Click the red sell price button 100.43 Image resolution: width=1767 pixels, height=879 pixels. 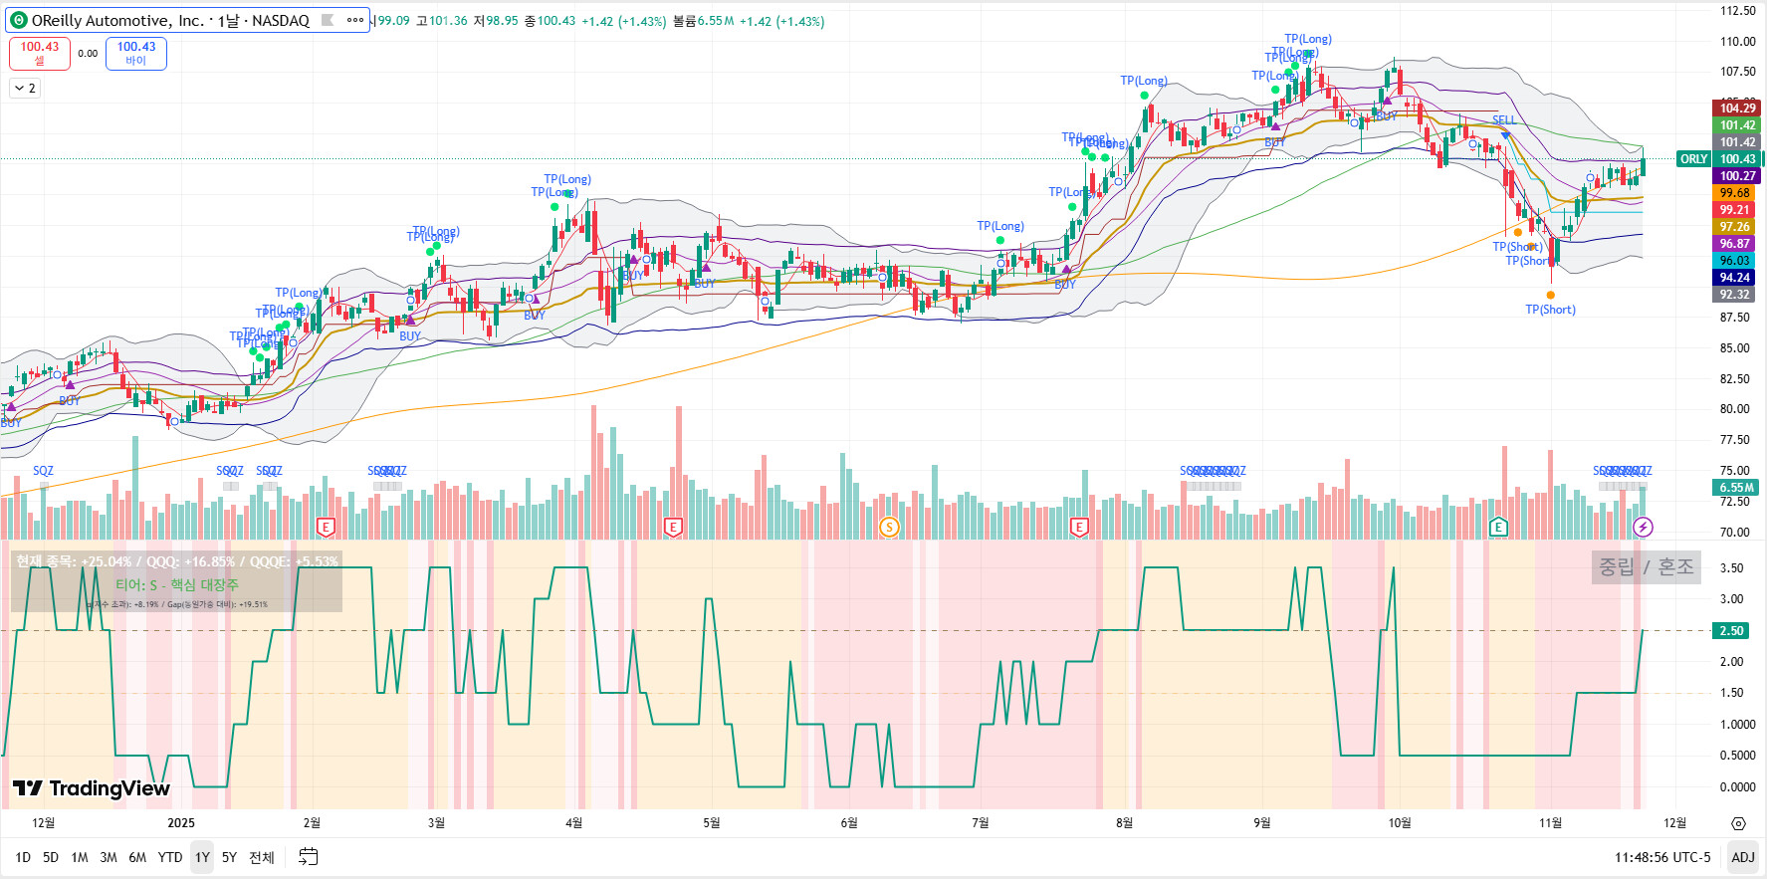[x=40, y=53]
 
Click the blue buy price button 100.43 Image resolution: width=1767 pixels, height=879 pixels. [x=136, y=53]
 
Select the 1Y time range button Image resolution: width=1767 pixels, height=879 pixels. [x=202, y=857]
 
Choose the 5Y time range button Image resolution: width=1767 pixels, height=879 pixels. [x=229, y=857]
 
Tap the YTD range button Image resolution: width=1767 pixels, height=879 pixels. [x=170, y=857]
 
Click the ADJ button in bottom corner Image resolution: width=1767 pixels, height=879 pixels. [x=1742, y=857]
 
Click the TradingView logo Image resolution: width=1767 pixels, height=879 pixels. [x=92, y=788]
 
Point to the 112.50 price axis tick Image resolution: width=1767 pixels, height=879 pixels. [x=1738, y=11]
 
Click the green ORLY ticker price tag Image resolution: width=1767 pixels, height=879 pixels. [x=1693, y=159]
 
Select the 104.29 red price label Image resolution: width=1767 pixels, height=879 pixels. [x=1737, y=109]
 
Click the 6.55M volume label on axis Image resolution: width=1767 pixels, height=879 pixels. [x=1737, y=488]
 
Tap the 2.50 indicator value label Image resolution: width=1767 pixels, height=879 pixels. [x=1732, y=631]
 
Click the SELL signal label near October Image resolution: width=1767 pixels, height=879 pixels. [x=1504, y=120]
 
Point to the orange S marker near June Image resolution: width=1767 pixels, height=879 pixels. [x=889, y=527]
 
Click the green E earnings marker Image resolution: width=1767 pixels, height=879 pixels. [x=1498, y=527]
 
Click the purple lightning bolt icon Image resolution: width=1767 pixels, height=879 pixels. [x=1644, y=527]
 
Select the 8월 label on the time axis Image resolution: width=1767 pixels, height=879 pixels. [x=1124, y=822]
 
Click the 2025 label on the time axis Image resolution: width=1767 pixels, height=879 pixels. [x=181, y=822]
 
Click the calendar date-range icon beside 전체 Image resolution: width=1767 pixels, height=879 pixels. [x=309, y=857]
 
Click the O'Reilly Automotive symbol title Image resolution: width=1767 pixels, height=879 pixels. [x=170, y=20]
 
